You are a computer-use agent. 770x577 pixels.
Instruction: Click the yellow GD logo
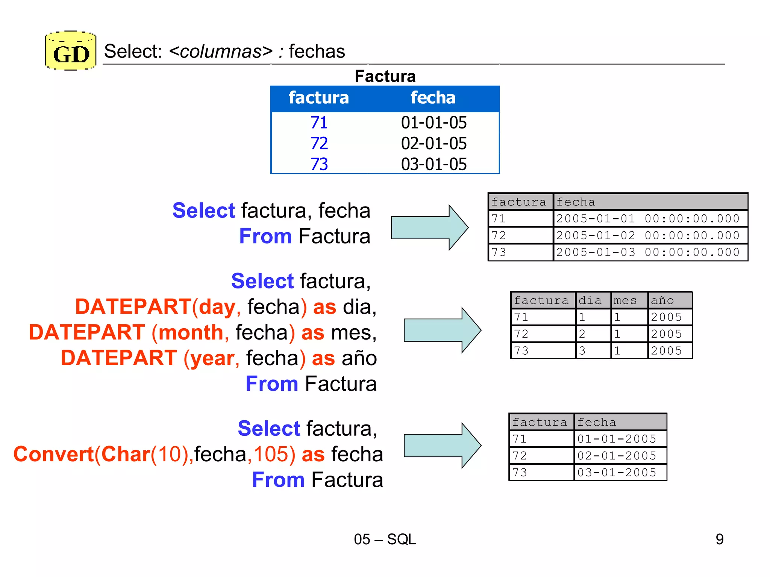coord(71,51)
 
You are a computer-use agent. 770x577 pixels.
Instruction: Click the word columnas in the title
coord(221,51)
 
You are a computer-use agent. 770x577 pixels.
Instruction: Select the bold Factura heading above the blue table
coord(385,76)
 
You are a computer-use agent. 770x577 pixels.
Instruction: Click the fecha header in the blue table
coord(433,98)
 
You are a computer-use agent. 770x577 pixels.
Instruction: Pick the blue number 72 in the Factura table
coord(319,143)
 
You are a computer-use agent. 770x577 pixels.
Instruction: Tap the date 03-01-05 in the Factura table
coord(434,165)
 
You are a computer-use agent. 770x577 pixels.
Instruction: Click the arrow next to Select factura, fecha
coord(429,228)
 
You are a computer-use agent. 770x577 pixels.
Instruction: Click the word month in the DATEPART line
coord(191,333)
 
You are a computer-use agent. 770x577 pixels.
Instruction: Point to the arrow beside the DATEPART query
coord(442,330)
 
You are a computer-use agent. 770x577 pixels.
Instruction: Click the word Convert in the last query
coord(53,454)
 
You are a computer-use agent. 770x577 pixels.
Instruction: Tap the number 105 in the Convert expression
coord(271,454)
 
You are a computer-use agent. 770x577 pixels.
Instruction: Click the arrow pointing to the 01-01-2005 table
coord(442,446)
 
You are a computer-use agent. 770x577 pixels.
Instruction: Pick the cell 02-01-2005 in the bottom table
coord(617,456)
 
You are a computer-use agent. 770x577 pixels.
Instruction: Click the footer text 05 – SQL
coord(385,539)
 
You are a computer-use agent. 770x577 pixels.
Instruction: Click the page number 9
coord(719,539)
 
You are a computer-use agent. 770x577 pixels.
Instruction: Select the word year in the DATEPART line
coord(212,358)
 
